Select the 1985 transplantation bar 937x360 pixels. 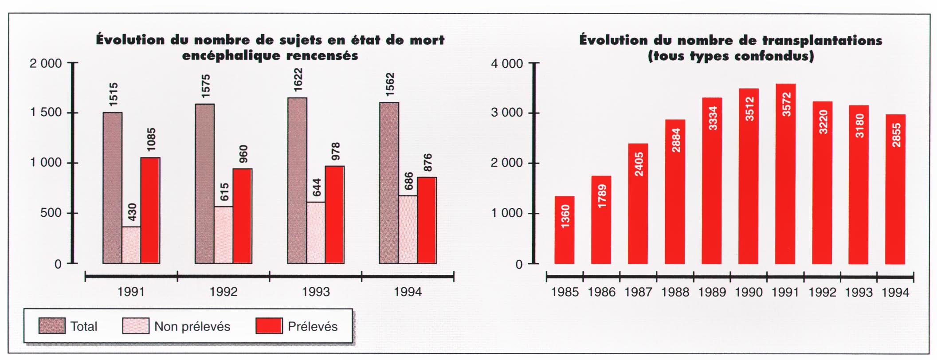click(565, 230)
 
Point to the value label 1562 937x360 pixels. click(390, 85)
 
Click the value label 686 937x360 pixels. click(408, 181)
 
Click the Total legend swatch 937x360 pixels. click(52, 326)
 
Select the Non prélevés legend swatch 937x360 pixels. click(135, 326)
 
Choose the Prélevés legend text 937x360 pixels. click(313, 327)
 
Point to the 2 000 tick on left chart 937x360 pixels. click(46, 64)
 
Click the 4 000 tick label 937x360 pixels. click(507, 64)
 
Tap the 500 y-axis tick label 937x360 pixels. click(51, 213)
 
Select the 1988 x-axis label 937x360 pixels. click(675, 293)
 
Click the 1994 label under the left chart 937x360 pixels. click(408, 292)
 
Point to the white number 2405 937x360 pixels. click(639, 164)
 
